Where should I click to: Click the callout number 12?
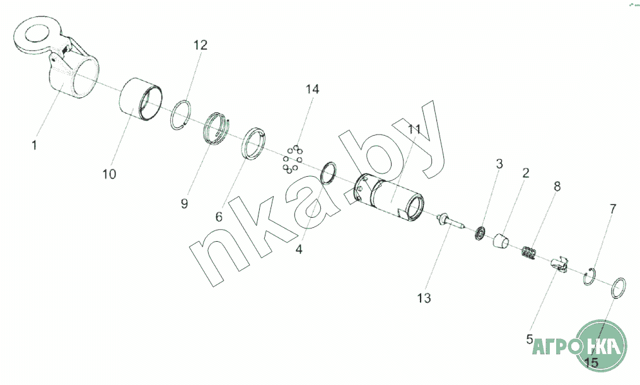pos(200,45)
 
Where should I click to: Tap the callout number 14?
pos(312,89)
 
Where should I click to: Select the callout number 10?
pos(109,174)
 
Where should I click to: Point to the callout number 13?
pos(424,298)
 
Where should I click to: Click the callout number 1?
pos(34,145)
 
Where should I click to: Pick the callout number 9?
pos(184,203)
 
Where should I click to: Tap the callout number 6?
pos(219,216)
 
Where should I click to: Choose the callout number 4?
pos(299,249)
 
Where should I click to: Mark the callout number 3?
pos(499,165)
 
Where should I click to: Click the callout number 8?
pos(557,186)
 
